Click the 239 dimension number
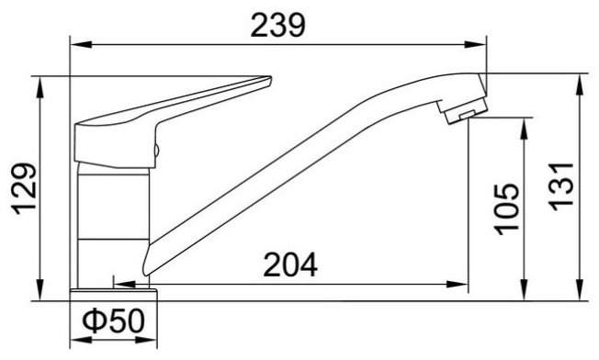pyautogui.click(x=278, y=25)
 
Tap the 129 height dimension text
pyautogui.click(x=24, y=189)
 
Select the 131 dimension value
pyautogui.click(x=561, y=186)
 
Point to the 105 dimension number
pyautogui.click(x=507, y=209)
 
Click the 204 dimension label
pyautogui.click(x=290, y=264)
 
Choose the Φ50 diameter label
pyautogui.click(x=114, y=321)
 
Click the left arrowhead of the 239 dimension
pyautogui.click(x=82, y=44)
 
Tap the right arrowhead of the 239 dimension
pyautogui.click(x=475, y=44)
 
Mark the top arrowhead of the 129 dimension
pyautogui.click(x=40, y=87)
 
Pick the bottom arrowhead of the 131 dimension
pyautogui.click(x=580, y=290)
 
